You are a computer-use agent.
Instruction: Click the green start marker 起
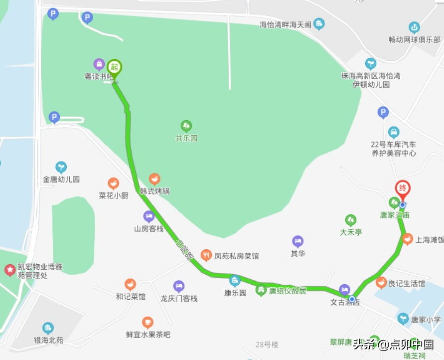pyautogui.click(x=115, y=67)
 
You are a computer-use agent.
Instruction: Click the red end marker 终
pyautogui.click(x=403, y=188)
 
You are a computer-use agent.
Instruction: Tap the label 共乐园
pyautogui.click(x=186, y=138)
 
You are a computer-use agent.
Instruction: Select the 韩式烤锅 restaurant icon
pyautogui.click(x=154, y=179)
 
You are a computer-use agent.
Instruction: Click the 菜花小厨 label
pyautogui.click(x=114, y=195)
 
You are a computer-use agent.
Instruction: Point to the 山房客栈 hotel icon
pyautogui.click(x=148, y=216)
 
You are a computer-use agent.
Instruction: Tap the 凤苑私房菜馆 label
pyautogui.click(x=236, y=256)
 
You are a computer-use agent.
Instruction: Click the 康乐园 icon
pyautogui.click(x=235, y=281)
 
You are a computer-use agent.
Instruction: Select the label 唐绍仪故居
pyautogui.click(x=288, y=291)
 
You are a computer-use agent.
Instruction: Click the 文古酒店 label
pyautogui.click(x=344, y=302)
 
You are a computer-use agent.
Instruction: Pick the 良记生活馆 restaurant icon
pyautogui.click(x=381, y=283)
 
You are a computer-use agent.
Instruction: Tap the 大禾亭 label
pyautogui.click(x=351, y=232)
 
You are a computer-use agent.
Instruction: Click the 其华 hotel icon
pyautogui.click(x=297, y=241)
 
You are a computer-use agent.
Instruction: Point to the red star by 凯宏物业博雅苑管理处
pyautogui.click(x=9, y=270)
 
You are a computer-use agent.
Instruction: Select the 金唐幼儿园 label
pyautogui.click(x=61, y=180)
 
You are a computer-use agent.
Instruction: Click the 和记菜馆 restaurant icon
pyautogui.click(x=130, y=284)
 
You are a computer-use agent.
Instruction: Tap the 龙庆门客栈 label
pyautogui.click(x=179, y=299)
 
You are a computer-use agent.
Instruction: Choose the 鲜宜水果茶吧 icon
pyautogui.click(x=148, y=322)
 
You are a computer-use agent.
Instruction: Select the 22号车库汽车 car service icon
pyautogui.click(x=394, y=132)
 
